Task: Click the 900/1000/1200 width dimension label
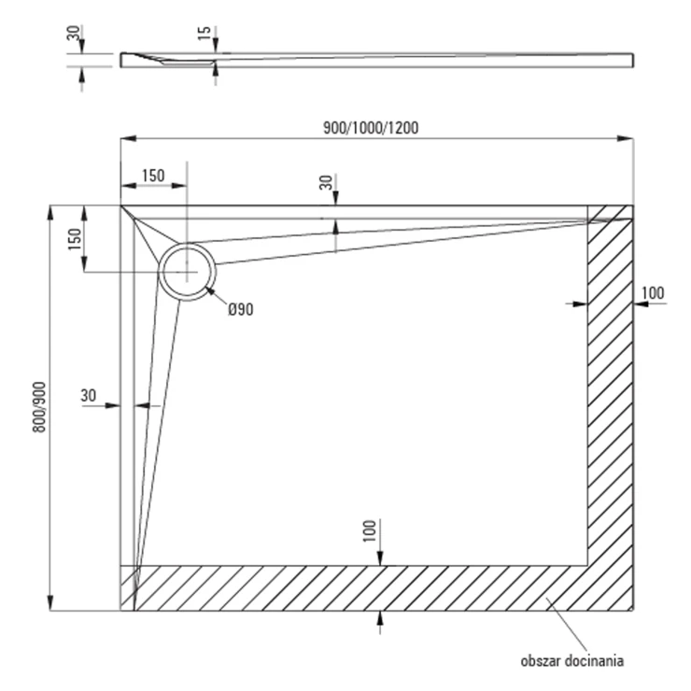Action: coord(371,128)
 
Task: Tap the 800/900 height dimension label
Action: coord(39,407)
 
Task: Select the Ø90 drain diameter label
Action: coord(241,309)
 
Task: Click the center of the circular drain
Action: coord(188,273)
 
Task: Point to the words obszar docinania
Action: coord(572,661)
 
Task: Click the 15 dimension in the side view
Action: coord(204,33)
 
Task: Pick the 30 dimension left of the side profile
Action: coord(74,33)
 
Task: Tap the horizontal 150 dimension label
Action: coord(153,176)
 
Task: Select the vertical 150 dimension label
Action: coord(75,239)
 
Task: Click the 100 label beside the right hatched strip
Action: coord(652,292)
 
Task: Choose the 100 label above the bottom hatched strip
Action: coord(370,531)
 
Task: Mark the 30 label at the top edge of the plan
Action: coord(326,182)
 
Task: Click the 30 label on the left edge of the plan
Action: coord(88,395)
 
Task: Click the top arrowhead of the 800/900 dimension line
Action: coord(50,213)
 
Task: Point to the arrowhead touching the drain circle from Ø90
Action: coord(210,290)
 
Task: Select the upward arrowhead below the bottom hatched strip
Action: coord(380,618)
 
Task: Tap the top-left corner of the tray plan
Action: coord(120,205)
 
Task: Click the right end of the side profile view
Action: coord(633,61)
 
